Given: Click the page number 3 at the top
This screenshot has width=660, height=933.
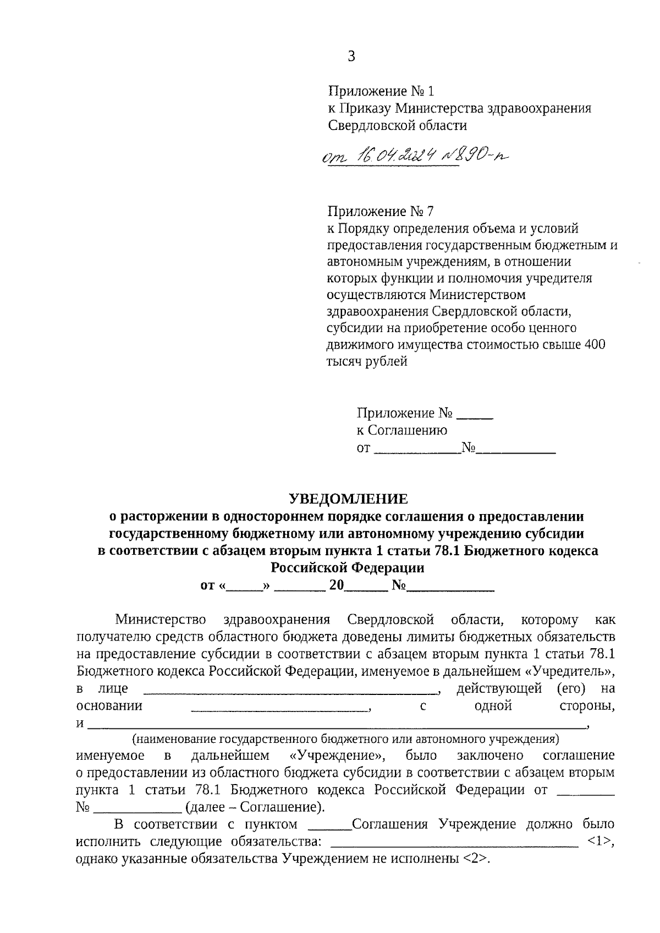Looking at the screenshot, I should [x=351, y=56].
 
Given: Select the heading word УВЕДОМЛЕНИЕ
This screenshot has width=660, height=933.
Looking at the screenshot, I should [x=349, y=499].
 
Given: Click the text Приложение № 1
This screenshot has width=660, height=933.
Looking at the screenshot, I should [x=381, y=91].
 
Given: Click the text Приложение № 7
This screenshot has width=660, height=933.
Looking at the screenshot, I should [x=381, y=211].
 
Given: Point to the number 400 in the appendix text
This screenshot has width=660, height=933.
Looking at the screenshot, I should [x=593, y=345].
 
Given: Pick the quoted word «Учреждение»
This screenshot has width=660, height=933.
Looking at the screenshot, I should [x=338, y=755].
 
